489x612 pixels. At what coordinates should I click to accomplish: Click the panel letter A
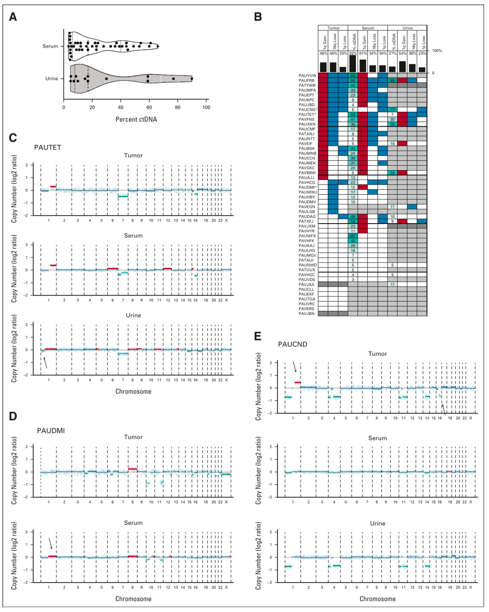tap(13, 17)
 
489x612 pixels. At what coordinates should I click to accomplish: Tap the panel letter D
tap(13, 416)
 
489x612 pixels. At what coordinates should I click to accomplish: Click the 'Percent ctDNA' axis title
tap(136, 120)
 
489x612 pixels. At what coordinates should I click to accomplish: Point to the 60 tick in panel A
tap(149, 107)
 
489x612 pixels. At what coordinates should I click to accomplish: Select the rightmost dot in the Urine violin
tap(192, 79)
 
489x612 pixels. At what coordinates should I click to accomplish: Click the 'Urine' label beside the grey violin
tap(52, 78)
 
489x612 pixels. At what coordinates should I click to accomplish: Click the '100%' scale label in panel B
tap(437, 51)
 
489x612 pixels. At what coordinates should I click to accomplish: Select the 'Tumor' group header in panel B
tap(333, 28)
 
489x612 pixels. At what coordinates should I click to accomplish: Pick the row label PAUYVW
tap(307, 76)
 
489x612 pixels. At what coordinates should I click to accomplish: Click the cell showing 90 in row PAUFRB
tap(392, 81)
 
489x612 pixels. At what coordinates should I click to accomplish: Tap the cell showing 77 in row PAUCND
tap(392, 110)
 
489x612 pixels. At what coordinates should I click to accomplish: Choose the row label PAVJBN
tap(307, 314)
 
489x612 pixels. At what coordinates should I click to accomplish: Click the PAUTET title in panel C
tap(48, 148)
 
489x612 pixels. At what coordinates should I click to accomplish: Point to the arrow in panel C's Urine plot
tap(45, 363)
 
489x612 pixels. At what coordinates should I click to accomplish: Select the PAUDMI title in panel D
tap(51, 430)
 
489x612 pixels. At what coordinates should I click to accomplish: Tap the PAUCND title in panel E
tap(292, 344)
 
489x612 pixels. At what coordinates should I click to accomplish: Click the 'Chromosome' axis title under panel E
tap(378, 599)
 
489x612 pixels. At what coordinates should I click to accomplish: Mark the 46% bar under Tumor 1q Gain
tap(323, 67)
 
